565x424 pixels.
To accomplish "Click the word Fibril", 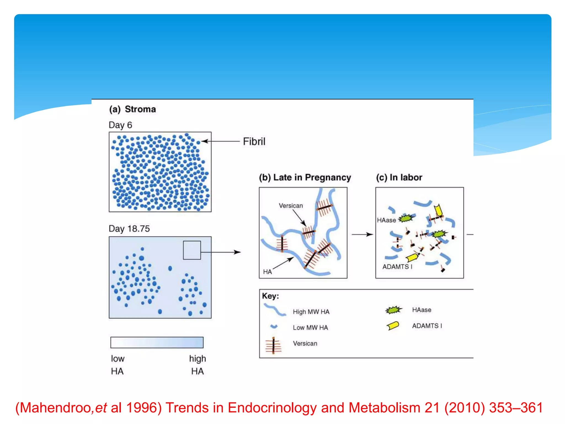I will pos(254,142).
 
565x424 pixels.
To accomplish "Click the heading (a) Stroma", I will pos(132,109).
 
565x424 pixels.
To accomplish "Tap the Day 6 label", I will pos(120,125).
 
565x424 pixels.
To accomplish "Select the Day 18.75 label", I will pos(129,229).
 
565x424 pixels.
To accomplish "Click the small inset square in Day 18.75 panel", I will pos(192,250).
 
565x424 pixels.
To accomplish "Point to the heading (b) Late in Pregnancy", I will pos(305,177).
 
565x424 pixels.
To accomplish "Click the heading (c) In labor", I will pos(399,177).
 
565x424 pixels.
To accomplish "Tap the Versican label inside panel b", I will pos(291,206).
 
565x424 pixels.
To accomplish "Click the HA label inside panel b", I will pos(267,272).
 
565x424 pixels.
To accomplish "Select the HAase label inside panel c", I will pos(386,220).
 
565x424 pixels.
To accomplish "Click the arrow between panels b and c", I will pos(362,234).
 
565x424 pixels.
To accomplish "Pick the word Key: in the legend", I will pos(270,296).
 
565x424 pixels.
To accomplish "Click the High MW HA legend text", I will pos(311,312).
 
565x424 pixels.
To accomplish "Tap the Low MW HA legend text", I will pos(310,328).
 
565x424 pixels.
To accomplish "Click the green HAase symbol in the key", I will pos(394,310).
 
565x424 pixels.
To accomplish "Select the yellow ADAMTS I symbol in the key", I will pos(393,326).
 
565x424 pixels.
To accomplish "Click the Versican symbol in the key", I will pos(273,345).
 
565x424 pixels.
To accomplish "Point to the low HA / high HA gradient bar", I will pos(157,342).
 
